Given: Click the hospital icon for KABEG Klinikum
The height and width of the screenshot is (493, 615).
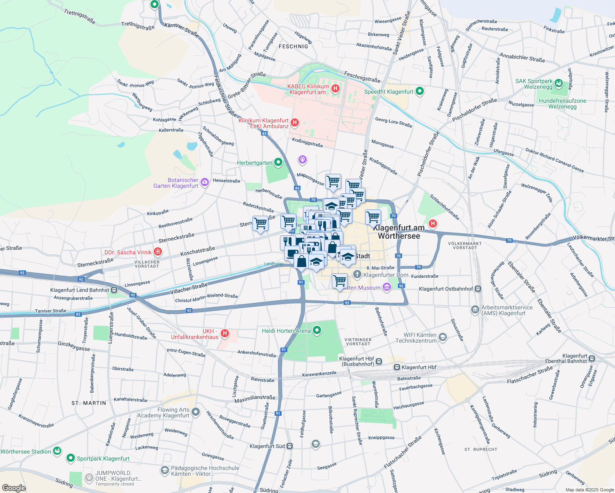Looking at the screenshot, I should point(335,88).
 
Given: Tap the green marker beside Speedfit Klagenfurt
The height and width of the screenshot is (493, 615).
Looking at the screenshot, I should point(419,91).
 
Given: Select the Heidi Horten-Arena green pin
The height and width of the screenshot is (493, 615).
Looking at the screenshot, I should point(317,330).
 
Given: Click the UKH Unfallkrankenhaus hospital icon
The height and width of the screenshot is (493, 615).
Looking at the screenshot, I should point(224,333).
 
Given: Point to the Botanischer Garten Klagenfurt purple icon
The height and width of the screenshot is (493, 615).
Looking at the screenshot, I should point(204,182).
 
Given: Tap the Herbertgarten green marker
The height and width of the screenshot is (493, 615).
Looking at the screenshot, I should point(278,163).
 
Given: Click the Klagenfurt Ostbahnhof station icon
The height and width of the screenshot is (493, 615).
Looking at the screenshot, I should point(478,289).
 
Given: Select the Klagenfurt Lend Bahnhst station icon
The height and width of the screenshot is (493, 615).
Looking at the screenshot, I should point(114,290).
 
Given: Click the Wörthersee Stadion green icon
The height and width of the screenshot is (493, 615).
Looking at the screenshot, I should point(57,451).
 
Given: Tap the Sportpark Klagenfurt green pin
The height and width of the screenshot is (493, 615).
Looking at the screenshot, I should point(71,458).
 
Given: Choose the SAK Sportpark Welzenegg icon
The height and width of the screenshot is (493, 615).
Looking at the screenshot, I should point(558,83).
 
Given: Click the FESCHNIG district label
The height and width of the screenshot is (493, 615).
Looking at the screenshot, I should point(293,46).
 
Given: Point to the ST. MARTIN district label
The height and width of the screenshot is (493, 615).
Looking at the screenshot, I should point(89,403).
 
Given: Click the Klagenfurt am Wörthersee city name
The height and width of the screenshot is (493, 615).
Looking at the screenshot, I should point(399,232).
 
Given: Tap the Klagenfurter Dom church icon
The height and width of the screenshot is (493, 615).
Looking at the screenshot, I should point(357,274).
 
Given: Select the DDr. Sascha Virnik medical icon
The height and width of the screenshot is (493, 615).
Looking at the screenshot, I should point(158,252).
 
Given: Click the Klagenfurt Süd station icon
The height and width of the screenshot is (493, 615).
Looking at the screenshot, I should point(290,446).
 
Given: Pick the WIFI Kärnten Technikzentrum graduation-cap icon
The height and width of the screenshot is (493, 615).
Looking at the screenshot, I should point(443,337).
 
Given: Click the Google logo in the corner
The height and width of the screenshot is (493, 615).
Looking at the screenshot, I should point(14,488).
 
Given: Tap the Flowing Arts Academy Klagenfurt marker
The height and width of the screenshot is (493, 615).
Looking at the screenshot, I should point(196,412).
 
